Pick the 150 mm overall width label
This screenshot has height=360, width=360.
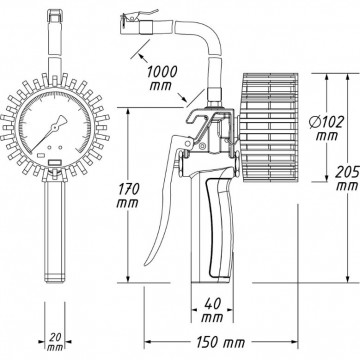(x=217, y=346)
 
